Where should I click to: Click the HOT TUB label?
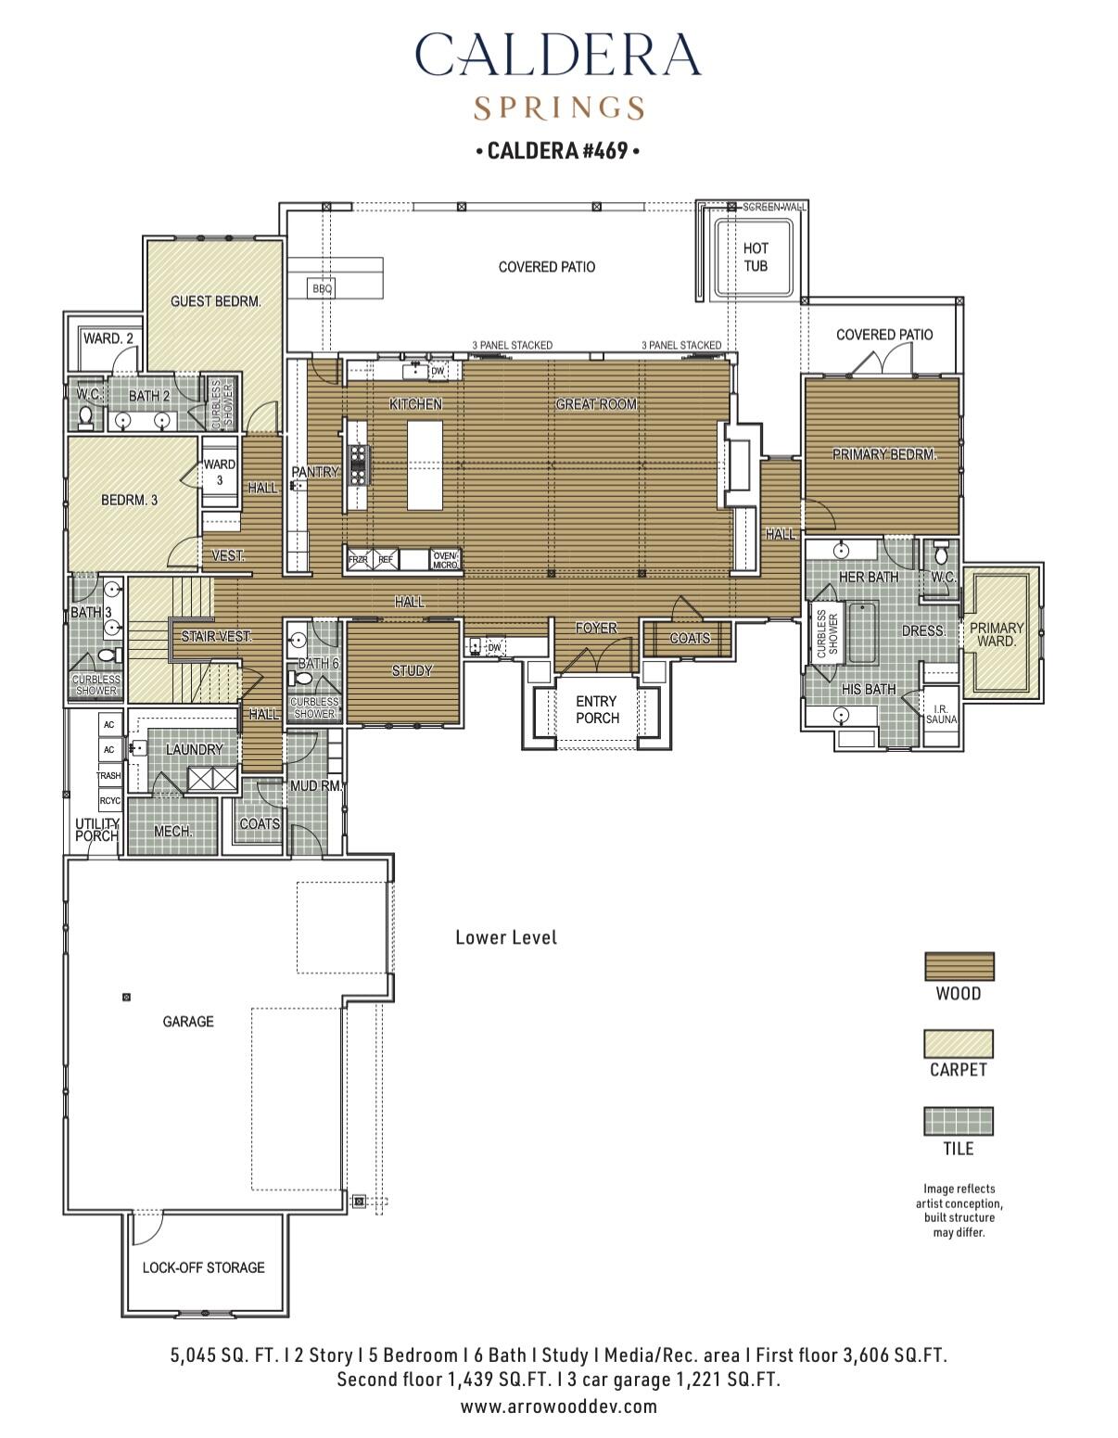pos(756,257)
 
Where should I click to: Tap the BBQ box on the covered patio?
pos(322,288)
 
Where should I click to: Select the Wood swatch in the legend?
pos(959,967)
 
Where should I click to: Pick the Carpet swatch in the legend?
pos(959,1043)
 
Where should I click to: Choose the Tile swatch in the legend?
pos(959,1121)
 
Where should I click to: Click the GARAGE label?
pos(188,1021)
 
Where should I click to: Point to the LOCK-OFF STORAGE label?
pos(203,1267)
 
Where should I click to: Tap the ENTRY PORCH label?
pos(597,709)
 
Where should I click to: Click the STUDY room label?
pos(412,670)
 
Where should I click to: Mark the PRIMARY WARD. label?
pos(997,634)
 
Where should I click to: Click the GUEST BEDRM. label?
pos(215,301)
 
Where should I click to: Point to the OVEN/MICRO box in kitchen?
pos(445,560)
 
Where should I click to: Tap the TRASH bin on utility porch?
pos(108,775)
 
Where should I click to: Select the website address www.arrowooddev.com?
pos(558,1406)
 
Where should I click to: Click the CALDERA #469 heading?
pos(558,150)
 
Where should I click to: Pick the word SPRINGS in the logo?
pos(558,108)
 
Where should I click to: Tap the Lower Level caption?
pos(506,937)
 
